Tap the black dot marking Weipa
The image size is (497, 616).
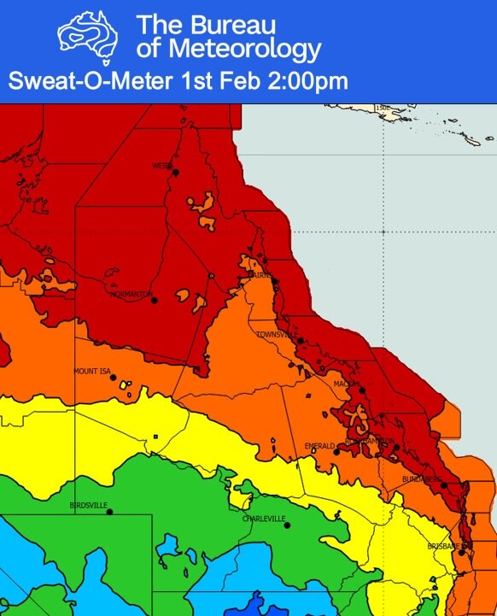[176, 172]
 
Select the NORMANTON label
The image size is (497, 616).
[130, 294]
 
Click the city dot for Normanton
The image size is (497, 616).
[154, 300]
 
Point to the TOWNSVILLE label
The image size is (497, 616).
[276, 335]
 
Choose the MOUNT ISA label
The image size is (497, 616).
[92, 372]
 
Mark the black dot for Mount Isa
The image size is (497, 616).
[113, 377]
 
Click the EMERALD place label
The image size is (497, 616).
[319, 446]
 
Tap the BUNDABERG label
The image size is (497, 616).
[421, 479]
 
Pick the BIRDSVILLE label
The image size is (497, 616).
[88, 506]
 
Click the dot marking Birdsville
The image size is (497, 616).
[110, 511]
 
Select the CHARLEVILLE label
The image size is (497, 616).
[263, 519]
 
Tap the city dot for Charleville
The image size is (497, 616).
[287, 525]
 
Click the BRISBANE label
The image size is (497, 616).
[444, 546]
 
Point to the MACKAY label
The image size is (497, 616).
[346, 384]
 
